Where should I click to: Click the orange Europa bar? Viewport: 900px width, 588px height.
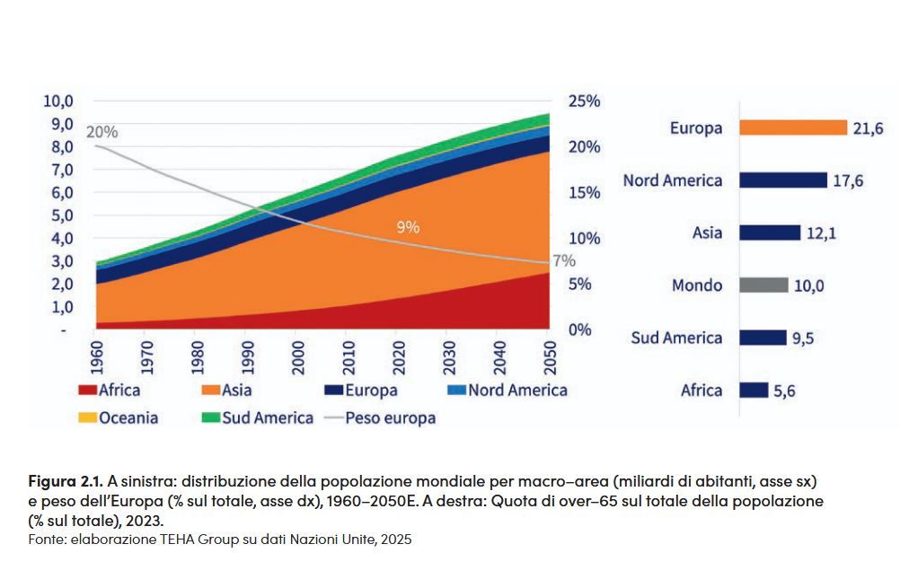point(793,128)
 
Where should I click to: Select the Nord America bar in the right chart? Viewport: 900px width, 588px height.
point(782,180)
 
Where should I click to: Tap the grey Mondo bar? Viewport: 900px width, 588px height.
point(763,285)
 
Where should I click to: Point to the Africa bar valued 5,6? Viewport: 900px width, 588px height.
point(754,391)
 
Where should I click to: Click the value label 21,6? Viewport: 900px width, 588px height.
point(869,129)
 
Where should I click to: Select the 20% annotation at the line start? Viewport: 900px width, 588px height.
point(101,132)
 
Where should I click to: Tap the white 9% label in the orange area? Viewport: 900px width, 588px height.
point(408,227)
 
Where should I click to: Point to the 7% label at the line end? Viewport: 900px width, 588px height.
point(563,261)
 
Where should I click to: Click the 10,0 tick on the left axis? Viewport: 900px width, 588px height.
point(57,101)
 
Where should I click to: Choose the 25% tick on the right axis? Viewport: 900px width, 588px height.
point(585,101)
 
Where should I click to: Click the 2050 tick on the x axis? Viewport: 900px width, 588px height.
point(548,356)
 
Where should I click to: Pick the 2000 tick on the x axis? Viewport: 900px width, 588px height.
point(298,356)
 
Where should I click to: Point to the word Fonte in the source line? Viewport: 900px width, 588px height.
point(45,539)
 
